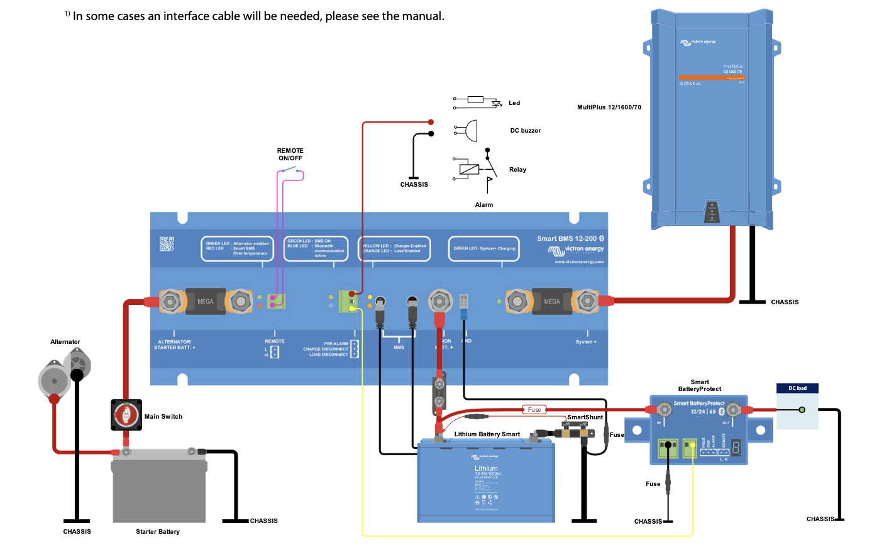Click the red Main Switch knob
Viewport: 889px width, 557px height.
click(126, 415)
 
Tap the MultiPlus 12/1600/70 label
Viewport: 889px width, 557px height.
click(609, 108)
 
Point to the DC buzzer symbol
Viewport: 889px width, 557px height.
click(467, 131)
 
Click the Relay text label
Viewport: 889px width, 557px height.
click(517, 170)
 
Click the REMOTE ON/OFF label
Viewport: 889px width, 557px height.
click(290, 155)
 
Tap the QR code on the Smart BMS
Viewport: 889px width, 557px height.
click(167, 244)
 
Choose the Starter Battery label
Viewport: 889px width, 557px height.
click(158, 532)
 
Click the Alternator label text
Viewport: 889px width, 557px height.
click(65, 342)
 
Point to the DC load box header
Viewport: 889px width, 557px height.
click(797, 389)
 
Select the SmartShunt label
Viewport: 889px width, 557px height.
click(585, 417)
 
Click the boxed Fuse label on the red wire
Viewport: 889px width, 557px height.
click(534, 410)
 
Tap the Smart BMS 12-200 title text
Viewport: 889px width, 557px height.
click(566, 239)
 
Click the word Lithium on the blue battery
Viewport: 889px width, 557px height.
click(486, 468)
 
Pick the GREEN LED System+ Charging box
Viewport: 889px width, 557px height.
click(483, 248)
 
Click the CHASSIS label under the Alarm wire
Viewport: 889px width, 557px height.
click(414, 185)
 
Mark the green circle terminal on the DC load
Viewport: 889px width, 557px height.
click(802, 410)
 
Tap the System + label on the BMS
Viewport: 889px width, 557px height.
click(586, 342)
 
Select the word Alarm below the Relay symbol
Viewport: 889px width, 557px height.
click(484, 205)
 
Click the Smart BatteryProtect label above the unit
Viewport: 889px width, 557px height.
click(700, 385)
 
